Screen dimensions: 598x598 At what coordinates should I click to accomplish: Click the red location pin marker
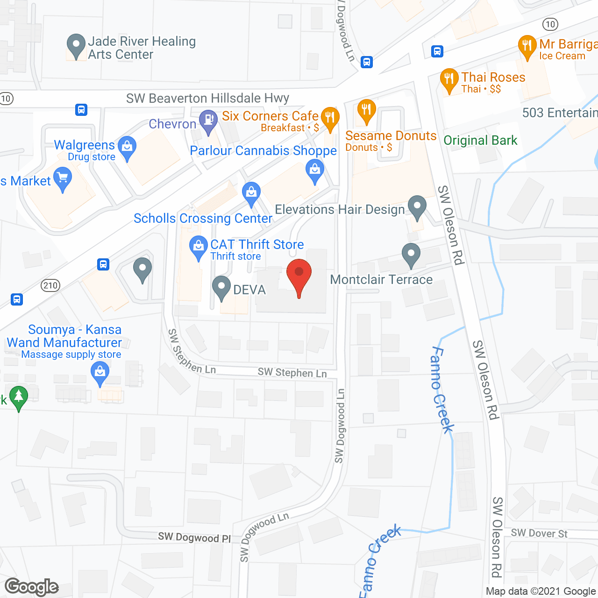click(x=299, y=273)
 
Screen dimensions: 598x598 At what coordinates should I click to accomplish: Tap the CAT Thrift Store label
click(x=257, y=244)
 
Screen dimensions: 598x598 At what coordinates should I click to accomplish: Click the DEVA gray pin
click(x=221, y=287)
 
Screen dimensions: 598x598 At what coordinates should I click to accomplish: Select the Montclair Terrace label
click(x=381, y=279)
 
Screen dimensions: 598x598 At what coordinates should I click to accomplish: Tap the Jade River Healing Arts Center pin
click(x=76, y=45)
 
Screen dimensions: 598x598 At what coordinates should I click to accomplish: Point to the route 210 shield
click(x=50, y=285)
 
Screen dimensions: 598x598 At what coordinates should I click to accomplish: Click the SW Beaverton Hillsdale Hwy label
click(x=207, y=98)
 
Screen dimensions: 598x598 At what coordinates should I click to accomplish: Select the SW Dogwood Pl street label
click(x=194, y=537)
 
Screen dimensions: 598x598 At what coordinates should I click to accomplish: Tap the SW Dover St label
click(x=539, y=533)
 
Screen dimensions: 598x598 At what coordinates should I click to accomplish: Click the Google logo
click(x=32, y=587)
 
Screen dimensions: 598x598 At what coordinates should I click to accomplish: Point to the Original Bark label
click(x=480, y=140)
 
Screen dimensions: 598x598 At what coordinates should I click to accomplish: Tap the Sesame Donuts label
click(x=391, y=136)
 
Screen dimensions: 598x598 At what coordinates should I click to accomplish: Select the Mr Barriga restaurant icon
click(x=527, y=46)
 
